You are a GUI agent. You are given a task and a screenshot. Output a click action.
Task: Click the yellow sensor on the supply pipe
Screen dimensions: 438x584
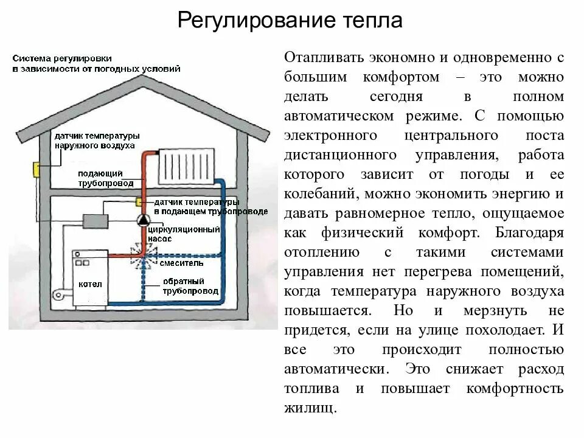(x=139, y=201)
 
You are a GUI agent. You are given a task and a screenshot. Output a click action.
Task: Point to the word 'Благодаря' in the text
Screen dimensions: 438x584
(x=530, y=232)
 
